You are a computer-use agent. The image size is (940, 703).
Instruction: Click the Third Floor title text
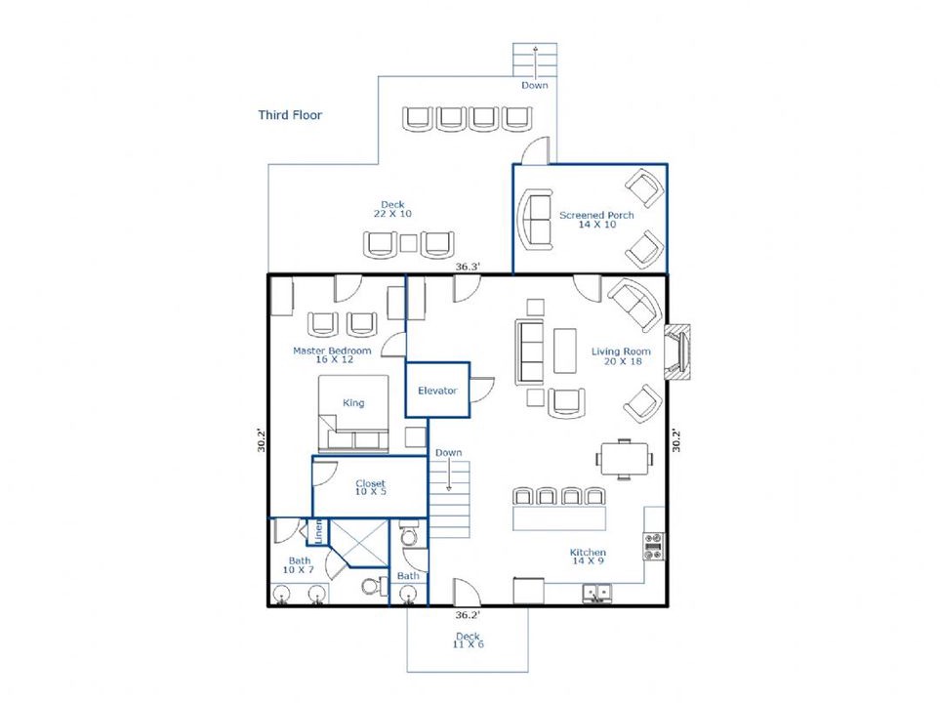click(290, 115)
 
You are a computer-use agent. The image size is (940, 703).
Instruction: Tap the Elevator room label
click(437, 391)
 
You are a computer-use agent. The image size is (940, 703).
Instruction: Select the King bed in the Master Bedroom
click(353, 414)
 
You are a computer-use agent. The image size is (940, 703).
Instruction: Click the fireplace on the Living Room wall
click(677, 351)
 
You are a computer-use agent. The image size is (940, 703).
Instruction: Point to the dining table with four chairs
click(625, 460)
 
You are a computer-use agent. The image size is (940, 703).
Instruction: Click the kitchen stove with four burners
click(653, 546)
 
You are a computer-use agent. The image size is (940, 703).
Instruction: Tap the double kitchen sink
click(596, 594)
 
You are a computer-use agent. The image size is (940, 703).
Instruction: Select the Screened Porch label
click(596, 220)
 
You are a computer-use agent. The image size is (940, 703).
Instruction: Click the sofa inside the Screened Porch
click(535, 219)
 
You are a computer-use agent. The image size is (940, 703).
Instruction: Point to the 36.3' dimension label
click(468, 267)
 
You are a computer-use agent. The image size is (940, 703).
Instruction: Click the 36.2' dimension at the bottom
click(468, 615)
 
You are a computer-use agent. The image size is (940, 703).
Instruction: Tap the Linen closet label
click(318, 531)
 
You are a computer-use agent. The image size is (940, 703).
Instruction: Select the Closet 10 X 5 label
click(371, 487)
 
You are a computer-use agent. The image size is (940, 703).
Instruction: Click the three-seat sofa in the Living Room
click(530, 351)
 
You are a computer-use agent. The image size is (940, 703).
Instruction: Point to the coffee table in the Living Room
click(565, 351)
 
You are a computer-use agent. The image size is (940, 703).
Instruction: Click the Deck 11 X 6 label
click(469, 640)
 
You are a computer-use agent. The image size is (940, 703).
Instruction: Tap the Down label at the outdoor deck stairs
click(535, 85)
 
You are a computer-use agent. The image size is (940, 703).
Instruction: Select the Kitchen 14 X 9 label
click(588, 556)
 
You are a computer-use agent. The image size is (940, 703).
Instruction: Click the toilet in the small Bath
click(409, 533)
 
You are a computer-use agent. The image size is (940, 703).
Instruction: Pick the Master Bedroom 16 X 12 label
click(332, 355)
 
